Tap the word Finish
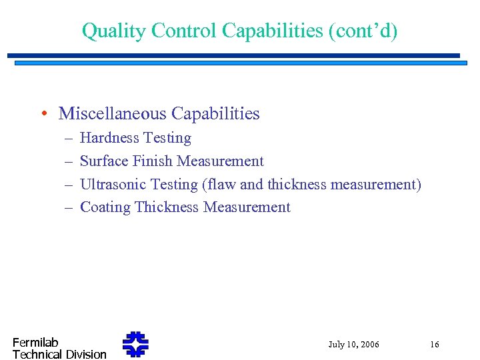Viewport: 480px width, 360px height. (x=153, y=161)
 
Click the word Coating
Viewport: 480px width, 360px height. (x=105, y=207)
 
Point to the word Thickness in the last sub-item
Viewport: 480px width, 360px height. (x=167, y=207)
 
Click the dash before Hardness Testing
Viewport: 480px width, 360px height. (x=69, y=138)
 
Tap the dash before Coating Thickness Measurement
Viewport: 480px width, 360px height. (x=69, y=207)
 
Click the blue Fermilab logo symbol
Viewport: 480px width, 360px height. (x=135, y=345)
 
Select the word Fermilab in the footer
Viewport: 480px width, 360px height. (x=35, y=343)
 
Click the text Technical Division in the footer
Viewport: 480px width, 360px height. (x=59, y=355)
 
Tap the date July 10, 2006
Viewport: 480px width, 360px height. (x=353, y=345)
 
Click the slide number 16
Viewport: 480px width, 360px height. (x=434, y=345)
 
